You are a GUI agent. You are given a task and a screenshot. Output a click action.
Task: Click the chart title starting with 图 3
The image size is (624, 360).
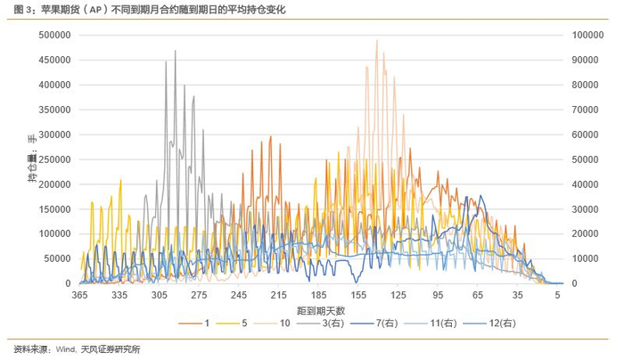coord(150,9)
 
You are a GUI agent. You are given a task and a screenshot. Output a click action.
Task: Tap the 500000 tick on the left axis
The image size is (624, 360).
coord(55,35)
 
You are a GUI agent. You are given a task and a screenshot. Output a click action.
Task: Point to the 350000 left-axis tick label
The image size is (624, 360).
coord(55,110)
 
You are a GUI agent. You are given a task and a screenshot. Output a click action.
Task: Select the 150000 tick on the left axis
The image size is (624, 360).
coord(55,209)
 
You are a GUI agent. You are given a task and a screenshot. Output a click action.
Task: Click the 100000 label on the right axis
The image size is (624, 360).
coord(588,35)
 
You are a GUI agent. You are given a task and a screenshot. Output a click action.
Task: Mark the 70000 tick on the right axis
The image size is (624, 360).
coord(586,110)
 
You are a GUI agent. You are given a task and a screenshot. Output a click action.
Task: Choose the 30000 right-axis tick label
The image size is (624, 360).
coord(586,209)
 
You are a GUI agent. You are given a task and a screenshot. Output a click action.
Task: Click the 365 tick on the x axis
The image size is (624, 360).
coord(79,295)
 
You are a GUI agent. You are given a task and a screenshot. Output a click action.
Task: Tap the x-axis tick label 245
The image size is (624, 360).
coord(239,295)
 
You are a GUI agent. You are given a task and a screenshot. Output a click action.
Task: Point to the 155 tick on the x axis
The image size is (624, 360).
coord(358,295)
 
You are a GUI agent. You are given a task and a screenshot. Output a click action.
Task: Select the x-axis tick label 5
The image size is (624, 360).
coord(557,295)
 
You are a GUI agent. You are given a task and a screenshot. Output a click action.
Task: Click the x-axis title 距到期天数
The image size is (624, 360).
coord(321,311)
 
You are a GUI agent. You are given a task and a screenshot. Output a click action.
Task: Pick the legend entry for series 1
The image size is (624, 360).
coord(194,323)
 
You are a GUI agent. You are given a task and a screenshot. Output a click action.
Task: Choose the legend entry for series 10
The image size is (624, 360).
coord(272,323)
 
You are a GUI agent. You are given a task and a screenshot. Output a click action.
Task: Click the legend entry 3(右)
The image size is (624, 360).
coord(320,323)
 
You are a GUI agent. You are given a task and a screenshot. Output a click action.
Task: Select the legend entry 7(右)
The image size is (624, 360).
coord(374,323)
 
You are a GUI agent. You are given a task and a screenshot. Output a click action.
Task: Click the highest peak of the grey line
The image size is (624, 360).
coord(175,51)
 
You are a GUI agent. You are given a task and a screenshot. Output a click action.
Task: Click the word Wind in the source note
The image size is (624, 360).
coord(65,349)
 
